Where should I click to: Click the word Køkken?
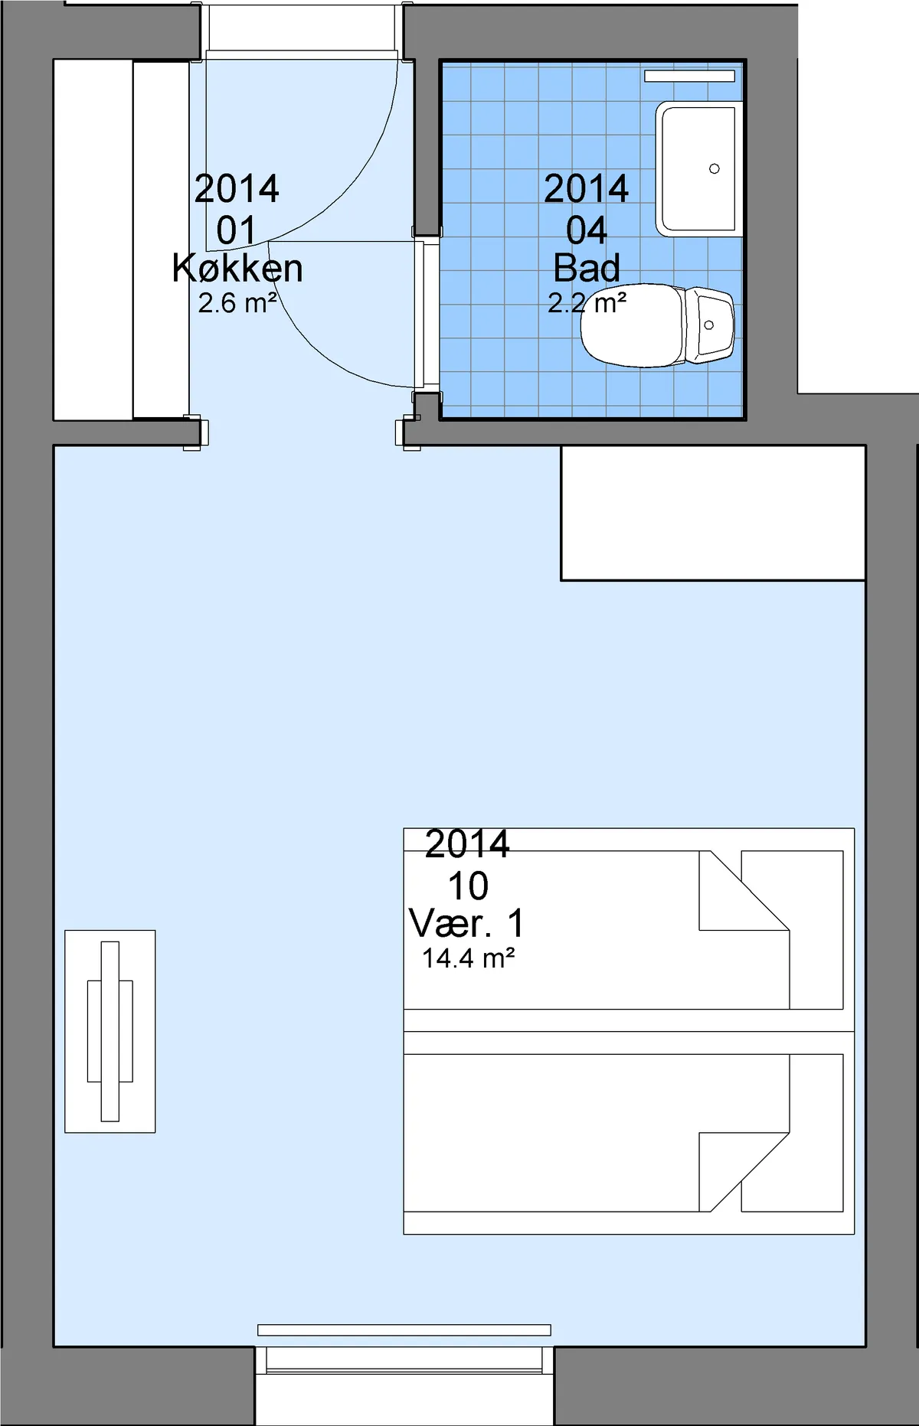pyautogui.click(x=237, y=269)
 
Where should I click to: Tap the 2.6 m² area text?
pyautogui.click(x=237, y=303)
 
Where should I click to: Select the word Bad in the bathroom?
pyautogui.click(x=587, y=268)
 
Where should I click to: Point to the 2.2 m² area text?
pyautogui.click(x=587, y=303)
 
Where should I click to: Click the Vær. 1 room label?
pyautogui.click(x=467, y=923)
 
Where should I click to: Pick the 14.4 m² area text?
pyautogui.click(x=468, y=958)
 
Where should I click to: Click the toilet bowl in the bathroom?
pyautogui.click(x=633, y=325)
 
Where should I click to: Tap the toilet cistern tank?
pyautogui.click(x=709, y=325)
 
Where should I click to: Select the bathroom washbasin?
pyautogui.click(x=698, y=168)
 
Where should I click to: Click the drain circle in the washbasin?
pyautogui.click(x=715, y=168)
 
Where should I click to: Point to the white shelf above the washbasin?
pyautogui.click(x=689, y=76)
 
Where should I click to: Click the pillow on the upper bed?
pyautogui.click(x=792, y=930)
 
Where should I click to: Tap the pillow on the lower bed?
pyautogui.click(x=792, y=1134)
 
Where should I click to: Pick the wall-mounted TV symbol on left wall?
pyautogui.click(x=110, y=1031)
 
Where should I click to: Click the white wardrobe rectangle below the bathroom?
pyautogui.click(x=713, y=513)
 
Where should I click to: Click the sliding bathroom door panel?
pyautogui.click(x=419, y=314)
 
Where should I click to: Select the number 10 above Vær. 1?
pyautogui.click(x=468, y=886)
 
